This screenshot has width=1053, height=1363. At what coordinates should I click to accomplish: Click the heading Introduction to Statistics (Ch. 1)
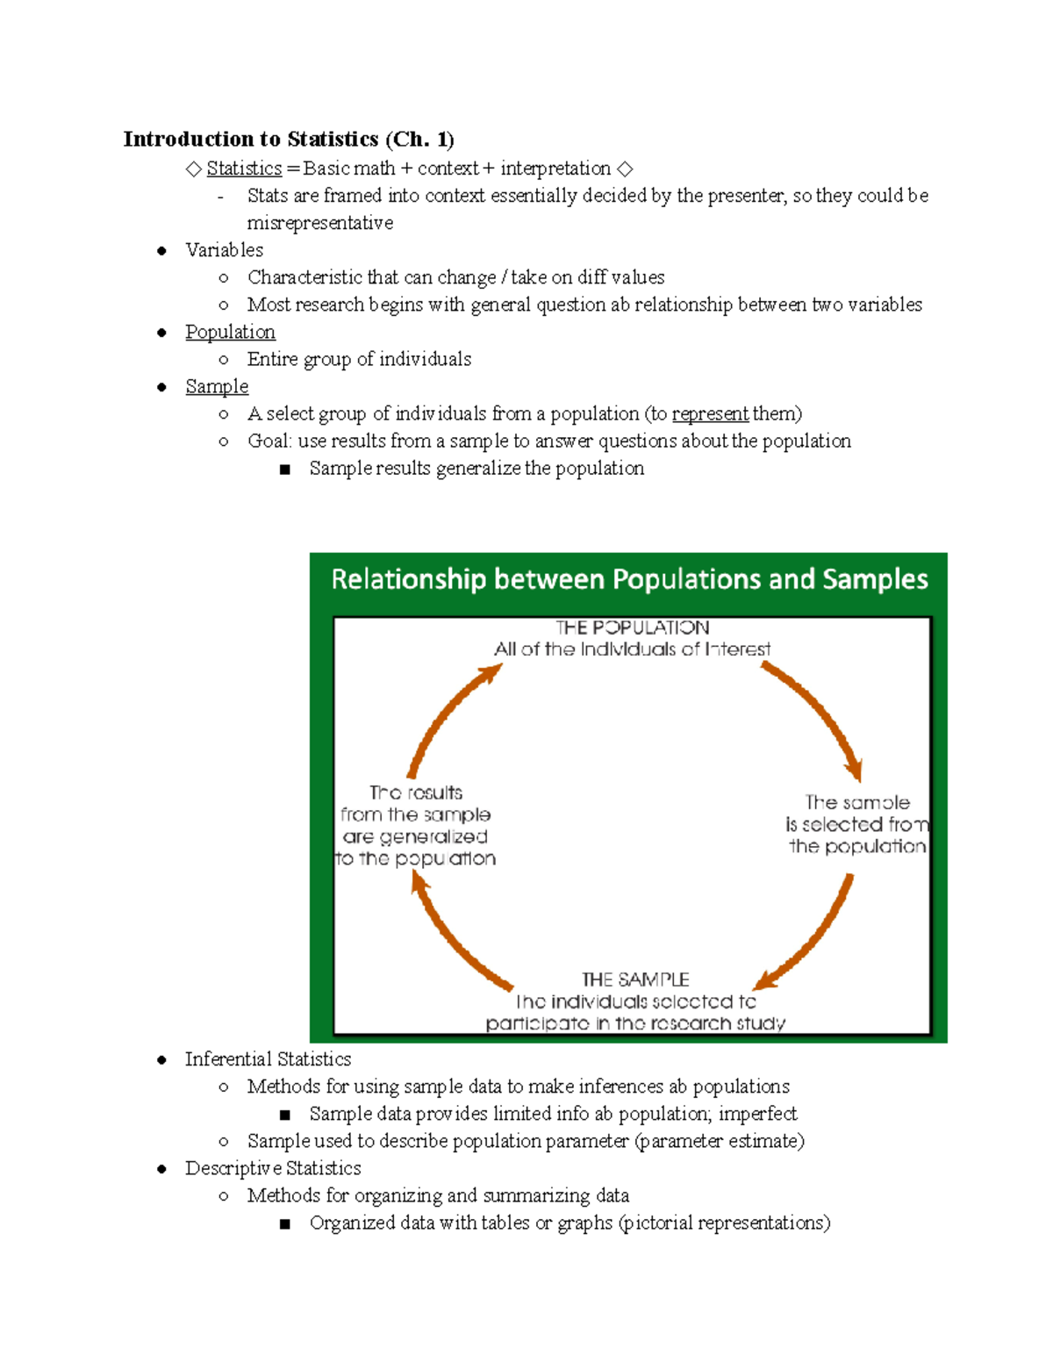pyautogui.click(x=289, y=140)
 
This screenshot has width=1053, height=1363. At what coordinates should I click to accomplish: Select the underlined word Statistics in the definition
pyautogui.click(x=244, y=169)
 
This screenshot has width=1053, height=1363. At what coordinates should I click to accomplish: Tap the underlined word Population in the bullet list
pyautogui.click(x=230, y=332)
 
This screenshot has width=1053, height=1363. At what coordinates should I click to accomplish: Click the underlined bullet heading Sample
pyautogui.click(x=217, y=386)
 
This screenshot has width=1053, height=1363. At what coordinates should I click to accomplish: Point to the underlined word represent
pyautogui.click(x=710, y=413)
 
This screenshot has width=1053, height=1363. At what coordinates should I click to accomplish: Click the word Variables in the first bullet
pyautogui.click(x=224, y=250)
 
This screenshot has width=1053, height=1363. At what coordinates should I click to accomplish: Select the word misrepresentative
pyautogui.click(x=320, y=223)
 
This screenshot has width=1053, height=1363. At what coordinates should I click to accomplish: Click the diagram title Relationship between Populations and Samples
pyautogui.click(x=629, y=579)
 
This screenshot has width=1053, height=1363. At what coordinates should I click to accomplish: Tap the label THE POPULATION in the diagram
pyautogui.click(x=632, y=628)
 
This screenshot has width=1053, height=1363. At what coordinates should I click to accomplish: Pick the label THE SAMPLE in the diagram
pyautogui.click(x=635, y=979)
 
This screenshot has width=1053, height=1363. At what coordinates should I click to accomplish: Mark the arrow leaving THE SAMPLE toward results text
pyautogui.click(x=456, y=935)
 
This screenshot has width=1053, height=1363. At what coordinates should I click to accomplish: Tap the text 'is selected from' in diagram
pyautogui.click(x=856, y=825)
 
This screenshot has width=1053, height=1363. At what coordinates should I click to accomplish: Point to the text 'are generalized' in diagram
pyautogui.click(x=415, y=836)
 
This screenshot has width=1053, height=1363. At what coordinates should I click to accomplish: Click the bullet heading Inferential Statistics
pyautogui.click(x=268, y=1059)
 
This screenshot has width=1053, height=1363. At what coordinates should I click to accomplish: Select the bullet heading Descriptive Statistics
pyautogui.click(x=273, y=1168)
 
